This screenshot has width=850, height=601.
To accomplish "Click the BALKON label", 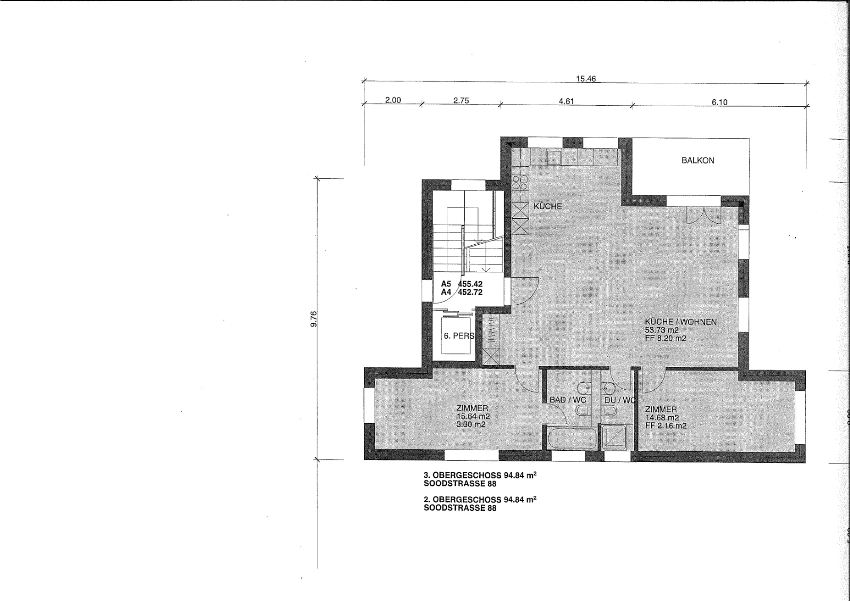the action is [x=698, y=160].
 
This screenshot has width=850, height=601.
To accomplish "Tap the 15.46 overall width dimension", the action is [x=586, y=79].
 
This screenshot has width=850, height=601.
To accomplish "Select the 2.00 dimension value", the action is [x=393, y=100].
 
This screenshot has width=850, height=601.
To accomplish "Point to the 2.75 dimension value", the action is [x=461, y=100].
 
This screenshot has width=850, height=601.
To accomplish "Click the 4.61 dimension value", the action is [x=566, y=101].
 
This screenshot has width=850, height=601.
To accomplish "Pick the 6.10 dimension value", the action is [x=719, y=102].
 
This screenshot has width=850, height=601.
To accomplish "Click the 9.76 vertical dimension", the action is [x=313, y=319].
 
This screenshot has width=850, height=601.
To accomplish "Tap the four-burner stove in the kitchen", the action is [x=520, y=183].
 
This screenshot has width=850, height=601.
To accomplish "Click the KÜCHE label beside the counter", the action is [x=548, y=207].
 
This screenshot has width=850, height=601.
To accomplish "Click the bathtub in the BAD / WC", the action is [x=572, y=439].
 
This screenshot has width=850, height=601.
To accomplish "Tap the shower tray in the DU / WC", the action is [x=614, y=437].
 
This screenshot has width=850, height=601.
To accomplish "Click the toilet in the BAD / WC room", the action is [x=582, y=410].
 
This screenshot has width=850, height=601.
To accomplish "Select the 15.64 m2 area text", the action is [x=473, y=416].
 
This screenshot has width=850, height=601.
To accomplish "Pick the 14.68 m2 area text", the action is [x=662, y=417].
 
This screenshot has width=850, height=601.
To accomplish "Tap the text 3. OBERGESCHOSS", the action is [x=463, y=475].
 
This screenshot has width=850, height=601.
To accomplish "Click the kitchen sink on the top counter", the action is [x=554, y=156].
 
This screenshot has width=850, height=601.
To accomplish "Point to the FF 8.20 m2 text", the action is [x=666, y=338].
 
